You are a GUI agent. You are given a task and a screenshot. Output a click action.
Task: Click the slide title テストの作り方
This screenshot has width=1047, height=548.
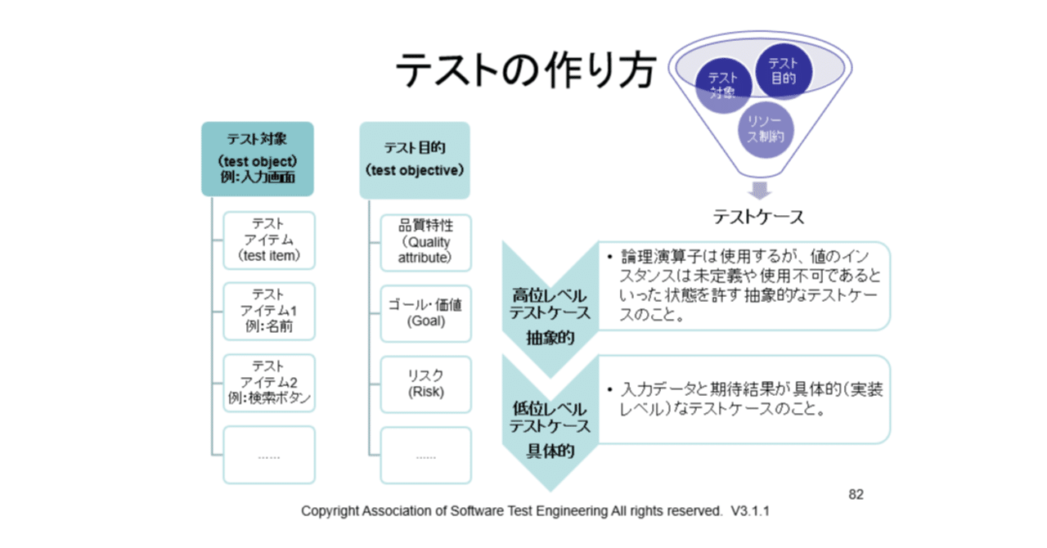pos(524,72)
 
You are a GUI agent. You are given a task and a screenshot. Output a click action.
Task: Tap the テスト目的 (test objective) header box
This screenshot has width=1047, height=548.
pos(415,159)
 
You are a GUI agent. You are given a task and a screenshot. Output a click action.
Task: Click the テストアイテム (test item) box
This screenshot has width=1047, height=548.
pos(269,240)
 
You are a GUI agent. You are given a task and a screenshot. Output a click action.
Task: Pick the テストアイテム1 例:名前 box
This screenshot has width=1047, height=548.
pos(269,312)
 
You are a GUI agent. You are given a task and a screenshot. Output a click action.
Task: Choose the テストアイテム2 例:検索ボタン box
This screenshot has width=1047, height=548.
pos(269,383)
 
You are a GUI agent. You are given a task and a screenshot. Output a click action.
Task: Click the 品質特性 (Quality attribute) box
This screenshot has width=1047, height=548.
pos(425,241)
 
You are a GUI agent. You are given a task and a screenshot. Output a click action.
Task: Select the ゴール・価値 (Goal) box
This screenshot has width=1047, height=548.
pos(425,312)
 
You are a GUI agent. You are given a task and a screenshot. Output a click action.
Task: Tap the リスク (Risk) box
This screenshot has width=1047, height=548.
pos(425,384)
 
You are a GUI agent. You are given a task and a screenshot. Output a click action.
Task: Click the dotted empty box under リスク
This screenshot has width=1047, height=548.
pos(425,456)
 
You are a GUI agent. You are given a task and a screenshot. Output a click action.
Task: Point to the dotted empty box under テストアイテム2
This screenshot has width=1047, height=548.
pos(269,456)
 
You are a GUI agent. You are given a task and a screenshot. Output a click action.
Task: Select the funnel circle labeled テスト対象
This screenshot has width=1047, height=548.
pos(723,85)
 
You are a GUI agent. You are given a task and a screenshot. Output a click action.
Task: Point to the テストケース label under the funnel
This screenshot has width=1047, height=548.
pos(758,217)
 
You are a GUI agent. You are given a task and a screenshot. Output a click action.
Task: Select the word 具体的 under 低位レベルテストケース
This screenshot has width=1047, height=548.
pos(550,450)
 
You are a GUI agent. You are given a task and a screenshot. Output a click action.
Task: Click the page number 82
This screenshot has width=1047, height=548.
pos(856,494)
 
